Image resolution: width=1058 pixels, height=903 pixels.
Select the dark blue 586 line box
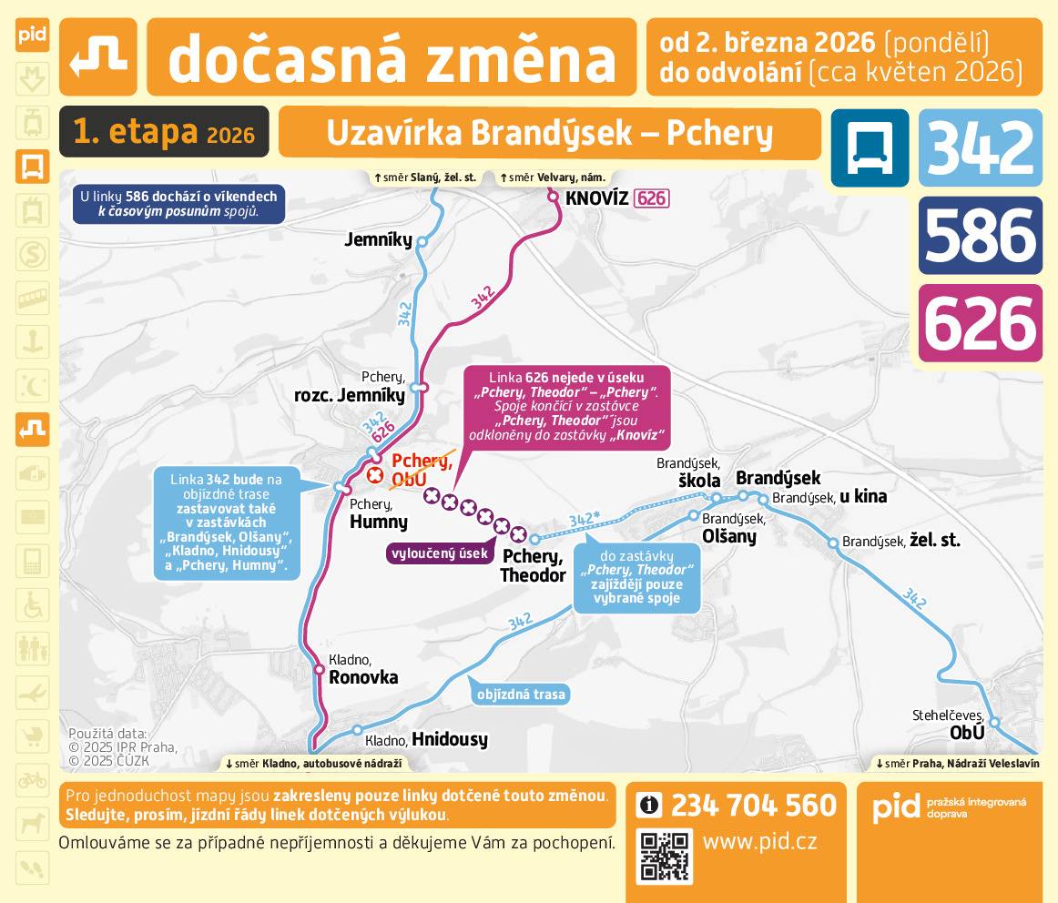coord(980,235)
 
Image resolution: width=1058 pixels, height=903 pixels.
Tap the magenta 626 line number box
coord(980,323)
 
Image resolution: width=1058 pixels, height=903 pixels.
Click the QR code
coord(666,857)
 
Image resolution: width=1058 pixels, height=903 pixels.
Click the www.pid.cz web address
coord(759,841)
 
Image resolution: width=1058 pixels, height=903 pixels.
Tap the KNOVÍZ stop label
coord(596,198)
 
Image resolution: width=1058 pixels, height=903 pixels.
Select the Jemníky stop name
coord(378,240)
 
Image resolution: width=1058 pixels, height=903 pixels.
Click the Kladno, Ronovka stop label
coord(362,669)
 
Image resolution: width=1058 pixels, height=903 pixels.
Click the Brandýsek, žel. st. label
coord(900,541)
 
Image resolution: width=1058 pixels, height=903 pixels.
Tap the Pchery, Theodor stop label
coord(534,566)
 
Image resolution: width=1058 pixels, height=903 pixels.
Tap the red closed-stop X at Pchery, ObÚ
coord(374,475)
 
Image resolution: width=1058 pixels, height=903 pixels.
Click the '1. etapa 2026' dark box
coord(164,132)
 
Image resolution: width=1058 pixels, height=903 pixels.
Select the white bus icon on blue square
coord(870,147)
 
